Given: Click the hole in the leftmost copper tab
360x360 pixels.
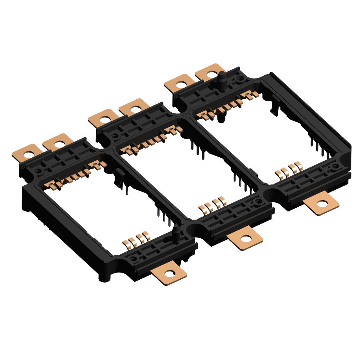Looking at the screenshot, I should point(30,154).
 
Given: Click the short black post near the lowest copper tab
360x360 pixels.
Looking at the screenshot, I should point(176,233).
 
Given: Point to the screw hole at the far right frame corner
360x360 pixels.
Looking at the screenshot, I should point(336,166).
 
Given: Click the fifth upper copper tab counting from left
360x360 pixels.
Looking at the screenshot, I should point(180,84).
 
